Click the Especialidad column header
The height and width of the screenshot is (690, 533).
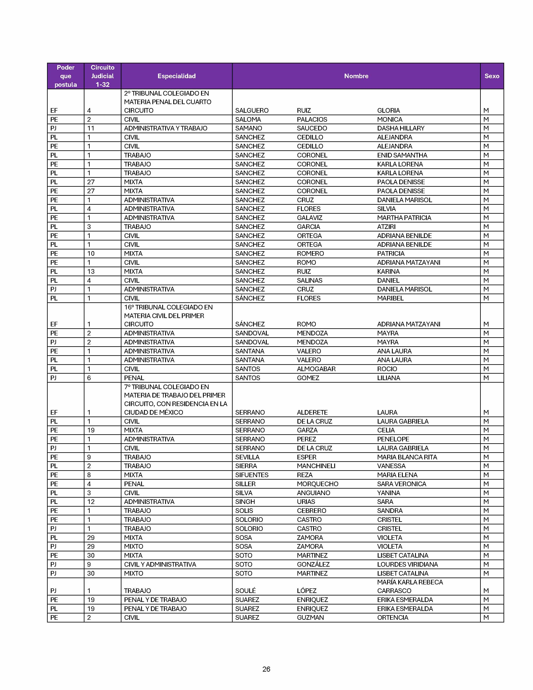pyautogui.click(x=176, y=76)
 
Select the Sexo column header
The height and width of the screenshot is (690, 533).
pyautogui.click(x=492, y=76)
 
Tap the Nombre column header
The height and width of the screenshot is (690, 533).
pyautogui.click(x=356, y=76)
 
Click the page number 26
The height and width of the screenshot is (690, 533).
pyautogui.click(x=266, y=669)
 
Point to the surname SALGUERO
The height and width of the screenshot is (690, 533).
pyautogui.click(x=252, y=110)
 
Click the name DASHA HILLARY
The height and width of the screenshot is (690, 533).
pyautogui.click(x=400, y=128)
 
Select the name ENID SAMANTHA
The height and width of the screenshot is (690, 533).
pyautogui.click(x=402, y=155)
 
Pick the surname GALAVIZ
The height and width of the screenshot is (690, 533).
pyautogui.click(x=309, y=218)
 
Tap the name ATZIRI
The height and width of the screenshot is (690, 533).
pyautogui.click(x=386, y=226)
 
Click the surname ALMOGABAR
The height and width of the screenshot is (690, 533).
pyautogui.click(x=316, y=369)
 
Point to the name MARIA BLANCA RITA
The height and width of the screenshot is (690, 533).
pyautogui.click(x=407, y=457)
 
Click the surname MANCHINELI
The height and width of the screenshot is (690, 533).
pyautogui.click(x=316, y=466)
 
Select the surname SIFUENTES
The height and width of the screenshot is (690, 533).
pyautogui.click(x=252, y=475)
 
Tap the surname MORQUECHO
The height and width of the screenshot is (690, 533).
pyautogui.click(x=317, y=484)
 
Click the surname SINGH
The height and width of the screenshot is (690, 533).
pyautogui.click(x=245, y=502)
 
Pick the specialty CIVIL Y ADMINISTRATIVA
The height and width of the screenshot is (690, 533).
pyautogui.click(x=160, y=564)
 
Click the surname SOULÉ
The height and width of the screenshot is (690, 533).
pyautogui.click(x=245, y=590)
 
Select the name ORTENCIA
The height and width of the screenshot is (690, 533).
pyautogui.click(x=393, y=617)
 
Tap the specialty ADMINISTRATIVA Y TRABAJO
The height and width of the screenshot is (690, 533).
pyautogui.click(x=166, y=128)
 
